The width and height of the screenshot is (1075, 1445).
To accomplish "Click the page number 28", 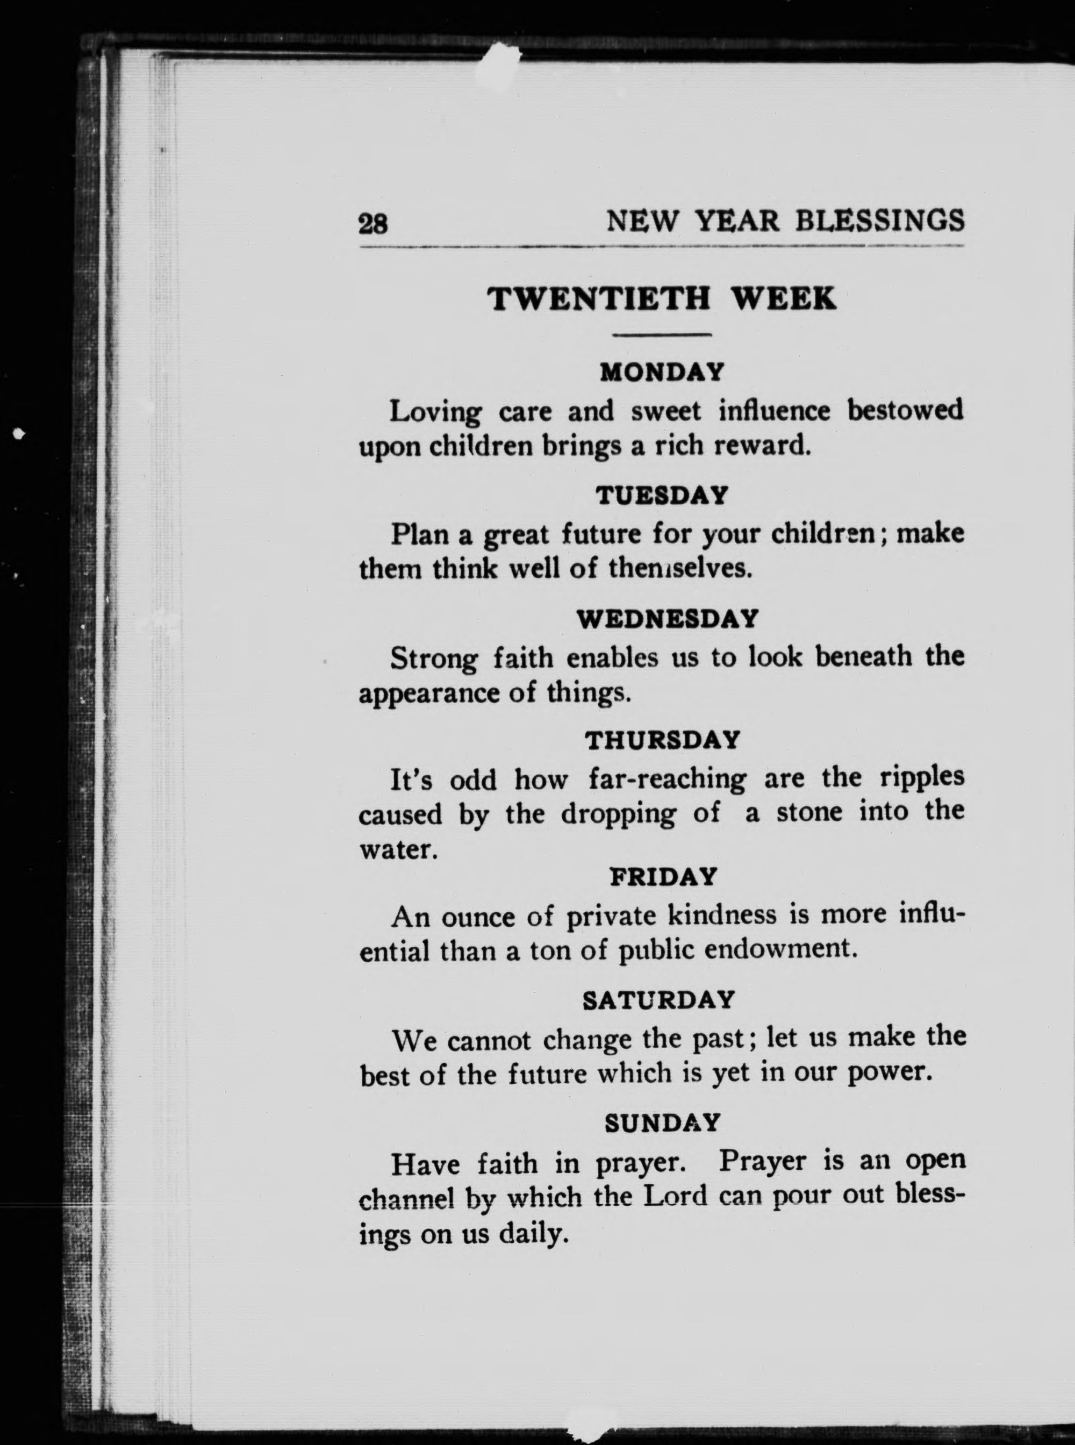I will click(373, 223).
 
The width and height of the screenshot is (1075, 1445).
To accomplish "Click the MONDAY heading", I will click(661, 373).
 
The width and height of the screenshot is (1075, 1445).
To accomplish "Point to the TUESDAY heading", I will click(661, 496).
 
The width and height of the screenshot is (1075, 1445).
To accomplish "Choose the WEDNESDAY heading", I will click(668, 618).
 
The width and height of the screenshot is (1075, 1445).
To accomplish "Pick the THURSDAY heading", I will click(662, 740).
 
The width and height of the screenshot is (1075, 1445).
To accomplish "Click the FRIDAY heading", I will click(662, 877).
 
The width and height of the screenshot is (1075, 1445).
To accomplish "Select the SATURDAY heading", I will click(658, 1000).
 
